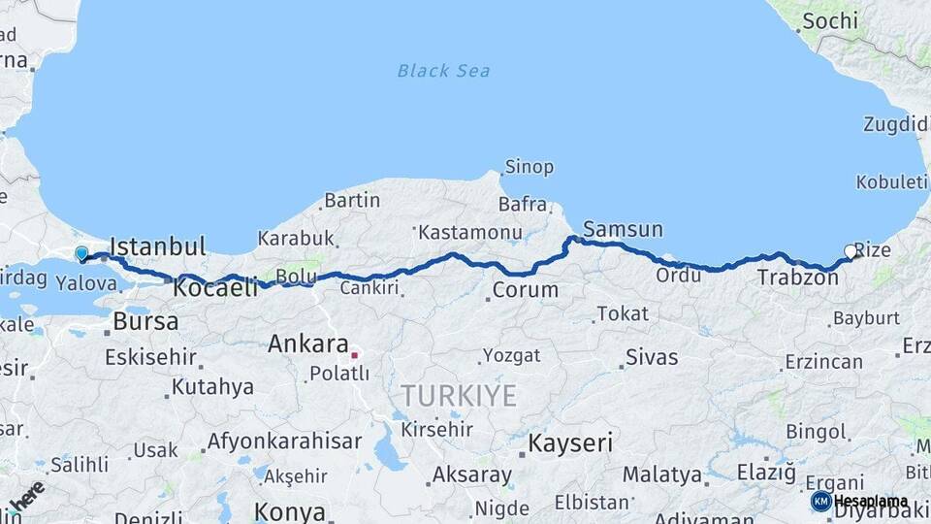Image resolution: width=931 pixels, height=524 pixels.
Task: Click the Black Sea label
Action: tap(443, 71)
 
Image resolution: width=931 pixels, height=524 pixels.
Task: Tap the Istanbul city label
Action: tap(158, 246)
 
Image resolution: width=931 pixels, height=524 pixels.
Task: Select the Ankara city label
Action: tap(307, 344)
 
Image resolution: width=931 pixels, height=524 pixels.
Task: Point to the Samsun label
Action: tap(623, 230)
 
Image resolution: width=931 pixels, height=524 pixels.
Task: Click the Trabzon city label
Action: tap(797, 278)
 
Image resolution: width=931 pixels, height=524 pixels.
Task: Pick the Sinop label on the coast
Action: tap(529, 167)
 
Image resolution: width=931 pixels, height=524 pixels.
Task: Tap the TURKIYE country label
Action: tap(459, 395)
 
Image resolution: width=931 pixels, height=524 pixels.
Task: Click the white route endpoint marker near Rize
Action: tap(851, 251)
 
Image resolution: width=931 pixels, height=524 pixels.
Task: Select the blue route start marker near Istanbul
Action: tap(81, 254)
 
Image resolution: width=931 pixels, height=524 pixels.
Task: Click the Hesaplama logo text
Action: tap(871, 502)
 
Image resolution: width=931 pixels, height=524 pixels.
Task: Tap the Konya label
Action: tap(289, 510)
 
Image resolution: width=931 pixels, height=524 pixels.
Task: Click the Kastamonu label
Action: tap(471, 233)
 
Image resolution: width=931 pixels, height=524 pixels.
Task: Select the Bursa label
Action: tap(145, 320)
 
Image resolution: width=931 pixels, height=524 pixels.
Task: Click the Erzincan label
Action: tap(823, 362)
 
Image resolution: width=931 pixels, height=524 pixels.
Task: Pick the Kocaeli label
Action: tap(215, 287)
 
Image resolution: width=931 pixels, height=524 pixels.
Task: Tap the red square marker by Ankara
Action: tap(355, 355)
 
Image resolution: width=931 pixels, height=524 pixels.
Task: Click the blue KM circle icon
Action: tap(820, 502)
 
